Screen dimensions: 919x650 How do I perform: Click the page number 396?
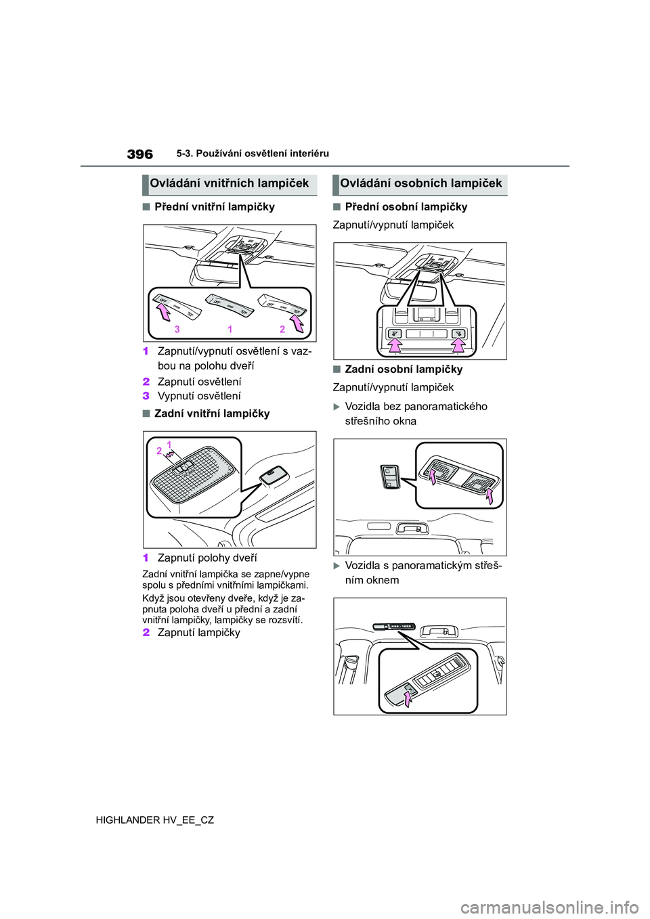pos(140,154)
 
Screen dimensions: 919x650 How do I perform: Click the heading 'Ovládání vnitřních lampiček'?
pos(230,183)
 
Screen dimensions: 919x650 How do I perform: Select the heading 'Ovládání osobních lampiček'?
pos(421,183)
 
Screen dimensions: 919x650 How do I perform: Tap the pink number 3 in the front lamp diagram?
pos(177,330)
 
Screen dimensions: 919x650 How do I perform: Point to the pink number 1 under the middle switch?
pos(230,330)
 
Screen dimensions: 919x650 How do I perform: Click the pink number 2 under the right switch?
pos(282,330)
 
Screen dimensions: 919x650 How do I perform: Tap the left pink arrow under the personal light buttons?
pos(395,344)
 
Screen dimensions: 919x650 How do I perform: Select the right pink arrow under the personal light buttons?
pos(458,344)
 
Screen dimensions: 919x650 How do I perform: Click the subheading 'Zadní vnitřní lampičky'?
pos(212,413)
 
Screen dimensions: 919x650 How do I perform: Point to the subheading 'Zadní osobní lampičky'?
pos(404,369)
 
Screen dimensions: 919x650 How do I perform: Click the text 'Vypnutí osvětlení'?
pos(199,396)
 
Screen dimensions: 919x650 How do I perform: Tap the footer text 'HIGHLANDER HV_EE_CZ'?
pos(155,820)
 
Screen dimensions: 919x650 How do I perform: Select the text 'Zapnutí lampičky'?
pos(199,633)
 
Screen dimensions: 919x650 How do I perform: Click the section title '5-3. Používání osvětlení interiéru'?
pos(253,154)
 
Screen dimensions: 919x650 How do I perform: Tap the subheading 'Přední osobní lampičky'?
pos(406,207)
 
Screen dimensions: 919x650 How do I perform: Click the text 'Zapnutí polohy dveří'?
pos(207,558)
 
